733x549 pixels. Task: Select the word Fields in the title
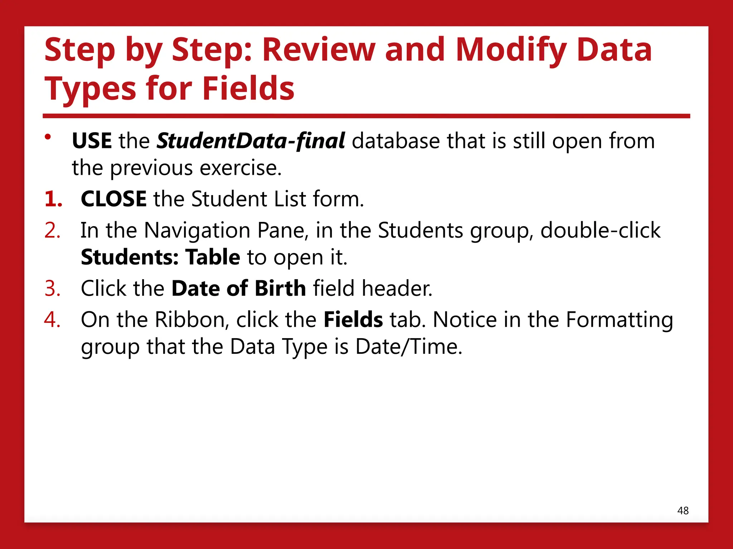point(248,88)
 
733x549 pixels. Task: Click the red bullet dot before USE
point(48,137)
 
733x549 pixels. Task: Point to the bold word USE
point(92,140)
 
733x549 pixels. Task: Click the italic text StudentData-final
point(251,140)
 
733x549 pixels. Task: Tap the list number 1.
point(53,199)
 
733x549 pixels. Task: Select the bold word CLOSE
point(113,199)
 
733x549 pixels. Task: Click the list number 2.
point(52,230)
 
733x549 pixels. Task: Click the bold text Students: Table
point(160,257)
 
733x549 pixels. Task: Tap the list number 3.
point(52,288)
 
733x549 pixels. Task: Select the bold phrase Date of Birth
point(239,288)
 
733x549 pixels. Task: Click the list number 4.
point(52,320)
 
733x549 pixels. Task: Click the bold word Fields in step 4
point(353,320)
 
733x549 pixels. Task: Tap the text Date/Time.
point(408,347)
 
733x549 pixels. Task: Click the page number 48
point(683,511)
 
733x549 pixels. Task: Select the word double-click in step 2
point(600,230)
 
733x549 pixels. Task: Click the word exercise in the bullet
point(240,168)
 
